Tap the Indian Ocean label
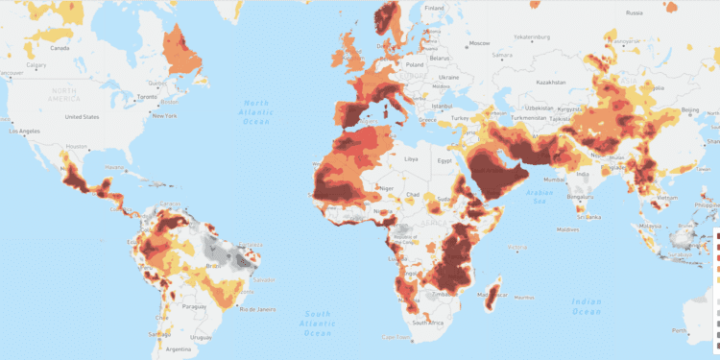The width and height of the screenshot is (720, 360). (586, 306)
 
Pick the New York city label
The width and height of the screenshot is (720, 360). (164, 116)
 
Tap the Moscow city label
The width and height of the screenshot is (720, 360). (480, 42)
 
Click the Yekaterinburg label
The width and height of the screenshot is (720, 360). (535, 37)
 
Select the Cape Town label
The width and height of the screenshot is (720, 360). (396, 338)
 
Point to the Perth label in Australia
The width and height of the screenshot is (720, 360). (708, 331)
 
